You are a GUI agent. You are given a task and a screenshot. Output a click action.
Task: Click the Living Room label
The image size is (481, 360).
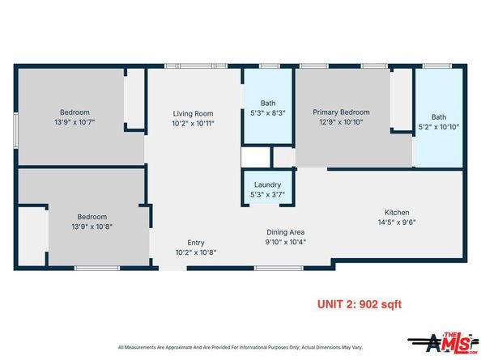click(193, 113)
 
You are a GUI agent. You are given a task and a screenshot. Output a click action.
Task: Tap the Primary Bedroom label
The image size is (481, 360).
click(342, 112)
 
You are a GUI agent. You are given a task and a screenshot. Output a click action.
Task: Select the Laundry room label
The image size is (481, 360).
click(267, 184)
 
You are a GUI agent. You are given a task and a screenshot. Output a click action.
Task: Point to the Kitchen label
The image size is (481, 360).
click(374, 212)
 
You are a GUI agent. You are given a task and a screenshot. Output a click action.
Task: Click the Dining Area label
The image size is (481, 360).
click(285, 232)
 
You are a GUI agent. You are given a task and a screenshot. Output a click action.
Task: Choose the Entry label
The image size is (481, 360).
click(196, 243)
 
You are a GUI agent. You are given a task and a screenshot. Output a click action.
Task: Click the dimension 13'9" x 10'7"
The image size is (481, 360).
click(74, 122)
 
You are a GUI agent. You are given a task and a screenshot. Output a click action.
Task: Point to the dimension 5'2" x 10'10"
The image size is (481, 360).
click(439, 126)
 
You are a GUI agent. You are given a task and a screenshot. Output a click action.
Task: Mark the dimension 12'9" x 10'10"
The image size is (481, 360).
click(342, 123)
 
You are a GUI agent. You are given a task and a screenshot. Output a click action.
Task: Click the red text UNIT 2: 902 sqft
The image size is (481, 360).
click(358, 304)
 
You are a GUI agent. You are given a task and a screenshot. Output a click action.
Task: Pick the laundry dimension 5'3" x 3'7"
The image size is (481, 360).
click(267, 194)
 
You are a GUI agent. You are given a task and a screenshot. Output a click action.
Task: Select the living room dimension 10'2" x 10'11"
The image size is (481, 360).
click(193, 124)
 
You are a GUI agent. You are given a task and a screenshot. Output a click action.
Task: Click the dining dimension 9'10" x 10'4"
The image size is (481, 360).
click(285, 242)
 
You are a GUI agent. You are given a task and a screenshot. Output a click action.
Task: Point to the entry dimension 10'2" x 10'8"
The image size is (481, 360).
click(196, 252)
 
